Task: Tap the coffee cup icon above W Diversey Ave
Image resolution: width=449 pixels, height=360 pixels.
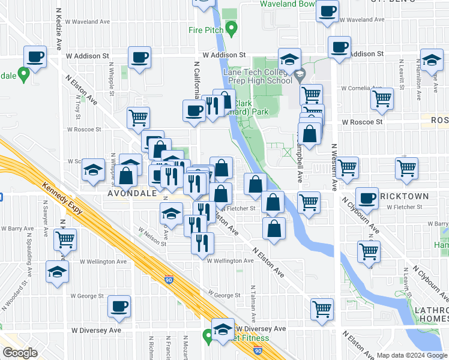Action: (119, 307)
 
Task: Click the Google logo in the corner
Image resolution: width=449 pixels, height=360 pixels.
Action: (20, 353)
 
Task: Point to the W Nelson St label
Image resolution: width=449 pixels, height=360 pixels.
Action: (152, 236)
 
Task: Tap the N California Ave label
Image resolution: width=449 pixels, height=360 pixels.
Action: (196, 78)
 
